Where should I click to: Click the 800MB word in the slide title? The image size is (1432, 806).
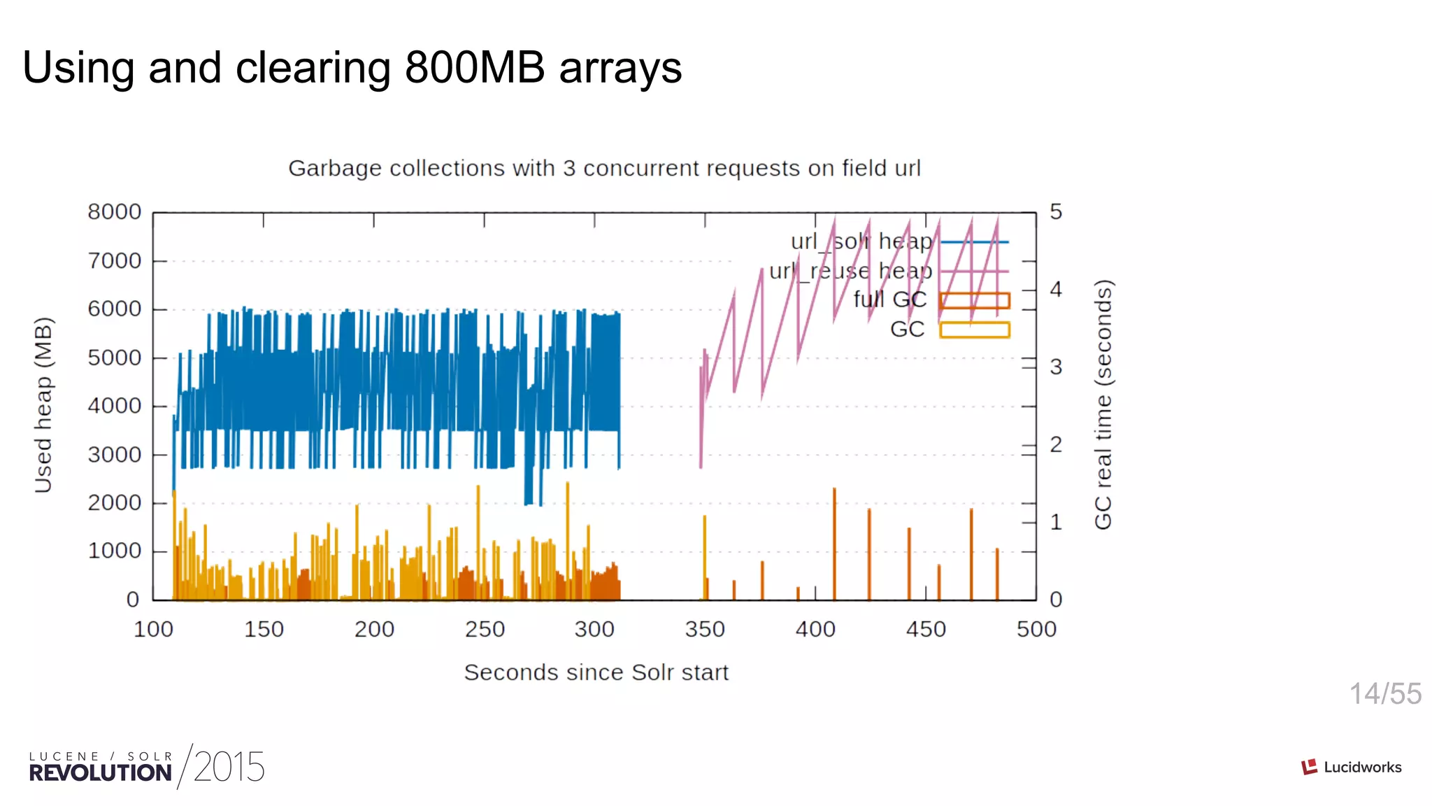(475, 68)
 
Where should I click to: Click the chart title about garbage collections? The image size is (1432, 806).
(604, 169)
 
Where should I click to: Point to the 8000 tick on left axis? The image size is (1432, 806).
(115, 212)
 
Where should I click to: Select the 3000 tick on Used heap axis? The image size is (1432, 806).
(115, 455)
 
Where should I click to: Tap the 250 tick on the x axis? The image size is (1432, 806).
(485, 629)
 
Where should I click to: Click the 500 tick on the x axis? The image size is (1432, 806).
(1036, 629)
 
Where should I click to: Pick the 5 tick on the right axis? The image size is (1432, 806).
(1056, 212)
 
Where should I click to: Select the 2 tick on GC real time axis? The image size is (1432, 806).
(1056, 444)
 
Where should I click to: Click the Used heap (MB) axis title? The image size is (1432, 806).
(43, 405)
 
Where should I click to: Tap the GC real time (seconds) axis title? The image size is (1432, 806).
(1103, 405)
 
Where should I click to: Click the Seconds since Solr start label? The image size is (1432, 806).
(596, 672)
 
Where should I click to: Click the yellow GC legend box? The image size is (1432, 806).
(974, 330)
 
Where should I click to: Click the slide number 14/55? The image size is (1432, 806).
(1384, 694)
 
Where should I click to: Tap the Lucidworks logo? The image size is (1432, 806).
(1351, 767)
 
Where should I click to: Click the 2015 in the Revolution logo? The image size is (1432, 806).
(229, 768)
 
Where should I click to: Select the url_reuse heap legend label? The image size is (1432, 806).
(850, 271)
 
